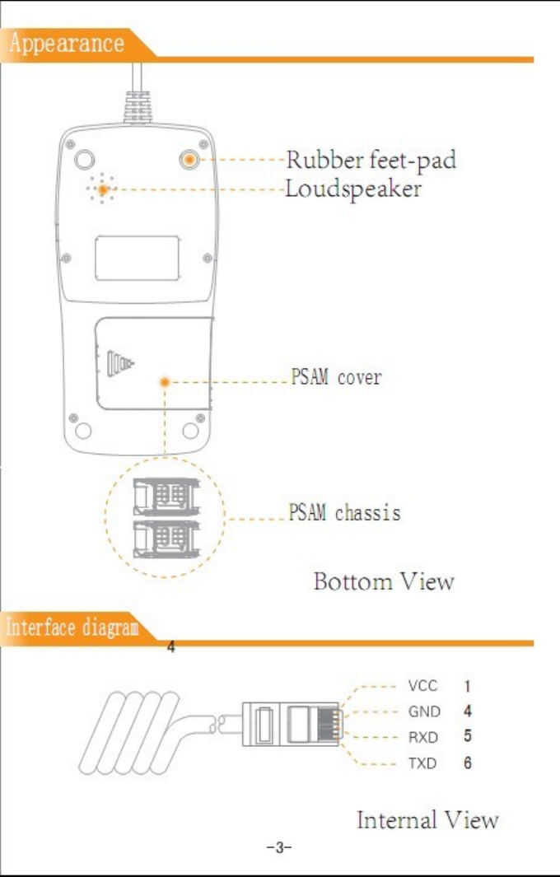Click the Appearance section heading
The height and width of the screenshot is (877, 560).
pyautogui.click(x=66, y=43)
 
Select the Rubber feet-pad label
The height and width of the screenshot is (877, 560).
pyautogui.click(x=371, y=159)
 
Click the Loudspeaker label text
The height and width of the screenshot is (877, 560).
pyautogui.click(x=353, y=189)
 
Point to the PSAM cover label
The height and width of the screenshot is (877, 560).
pyautogui.click(x=336, y=378)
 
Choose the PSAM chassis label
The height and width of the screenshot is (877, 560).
pyautogui.click(x=344, y=513)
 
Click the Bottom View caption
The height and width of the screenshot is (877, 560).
pyautogui.click(x=384, y=581)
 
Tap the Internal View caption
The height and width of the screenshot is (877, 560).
pyautogui.click(x=427, y=819)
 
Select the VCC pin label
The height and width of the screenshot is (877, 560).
pyautogui.click(x=422, y=685)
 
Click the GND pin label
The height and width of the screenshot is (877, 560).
pyautogui.click(x=424, y=711)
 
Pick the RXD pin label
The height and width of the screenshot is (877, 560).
pyautogui.click(x=423, y=737)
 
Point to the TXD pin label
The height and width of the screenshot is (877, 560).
pyautogui.click(x=422, y=763)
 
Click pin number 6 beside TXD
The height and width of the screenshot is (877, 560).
pyautogui.click(x=467, y=763)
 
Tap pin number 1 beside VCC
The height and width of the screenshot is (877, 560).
pyautogui.click(x=467, y=685)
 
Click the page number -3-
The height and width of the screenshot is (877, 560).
pyautogui.click(x=279, y=847)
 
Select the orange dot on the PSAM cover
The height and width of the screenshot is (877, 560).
pyautogui.click(x=165, y=382)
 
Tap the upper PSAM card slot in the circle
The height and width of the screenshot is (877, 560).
pyautogui.click(x=166, y=496)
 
